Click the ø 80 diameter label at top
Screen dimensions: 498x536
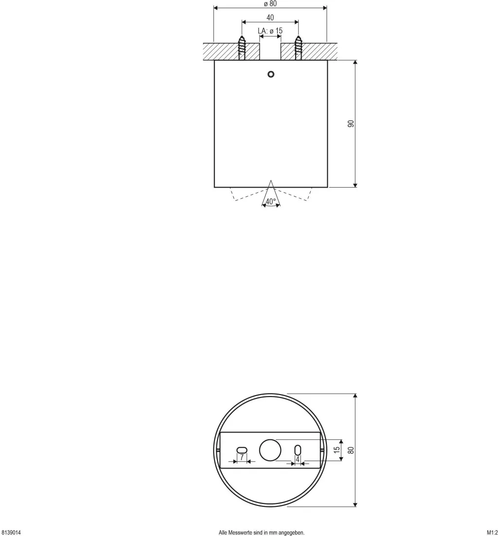270,4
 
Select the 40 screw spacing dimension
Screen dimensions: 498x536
270,17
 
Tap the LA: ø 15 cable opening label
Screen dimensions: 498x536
270,31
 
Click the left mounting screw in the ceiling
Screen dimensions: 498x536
242,48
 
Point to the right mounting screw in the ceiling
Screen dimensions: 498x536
299,48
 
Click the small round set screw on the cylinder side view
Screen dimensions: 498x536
271,74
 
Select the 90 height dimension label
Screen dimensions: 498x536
351,124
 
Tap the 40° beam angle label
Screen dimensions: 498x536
271,202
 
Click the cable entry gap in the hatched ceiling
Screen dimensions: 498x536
270,52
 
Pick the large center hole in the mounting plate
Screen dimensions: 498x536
270,450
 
